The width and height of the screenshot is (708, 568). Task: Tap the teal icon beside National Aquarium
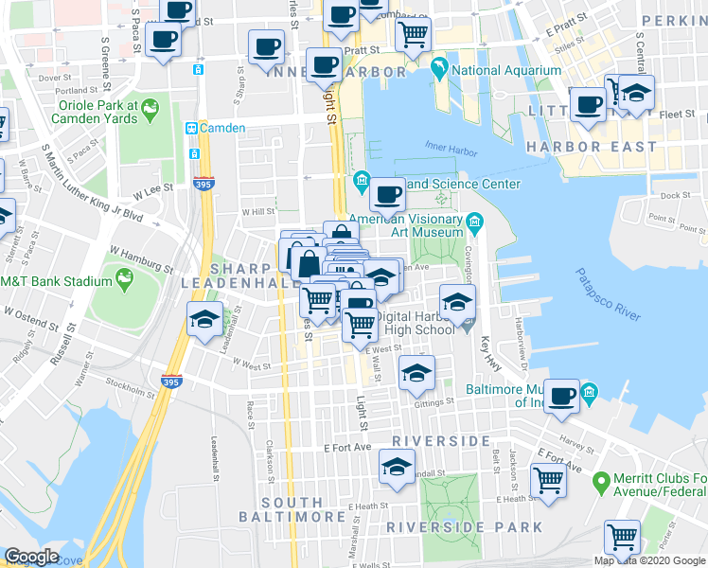[439, 68]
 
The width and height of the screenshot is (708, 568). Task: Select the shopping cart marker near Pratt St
[413, 34]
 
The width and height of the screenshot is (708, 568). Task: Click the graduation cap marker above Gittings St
[416, 373]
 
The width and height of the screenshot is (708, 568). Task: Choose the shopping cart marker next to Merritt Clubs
[549, 479]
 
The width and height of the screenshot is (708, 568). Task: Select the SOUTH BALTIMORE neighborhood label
[292, 509]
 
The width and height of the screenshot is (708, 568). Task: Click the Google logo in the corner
[32, 557]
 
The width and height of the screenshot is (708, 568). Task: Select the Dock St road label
[676, 196]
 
